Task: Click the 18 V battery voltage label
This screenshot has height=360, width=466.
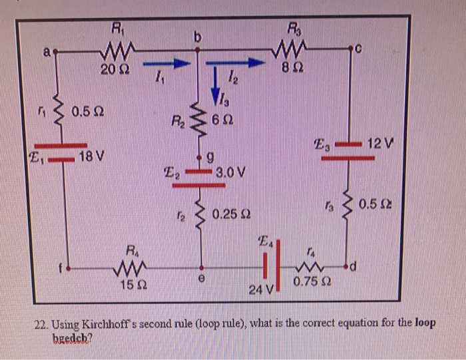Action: tap(90, 158)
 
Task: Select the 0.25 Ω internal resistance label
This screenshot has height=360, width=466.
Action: tap(232, 214)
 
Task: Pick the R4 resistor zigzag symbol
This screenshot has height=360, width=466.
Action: tap(134, 270)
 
